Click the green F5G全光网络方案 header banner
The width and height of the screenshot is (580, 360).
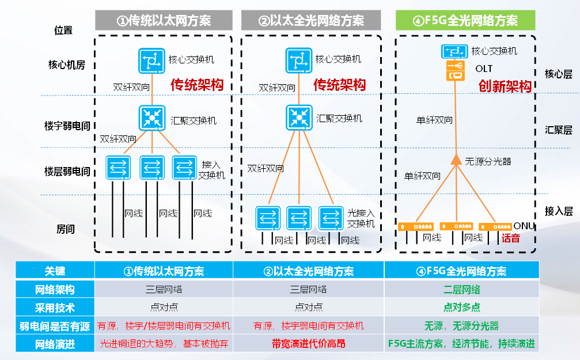click(x=465, y=21)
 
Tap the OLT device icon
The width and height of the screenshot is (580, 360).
click(x=454, y=71)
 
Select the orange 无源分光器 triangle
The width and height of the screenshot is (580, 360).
click(x=456, y=160)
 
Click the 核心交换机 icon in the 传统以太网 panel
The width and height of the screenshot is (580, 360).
click(x=151, y=60)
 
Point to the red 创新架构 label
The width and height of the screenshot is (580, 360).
click(x=505, y=86)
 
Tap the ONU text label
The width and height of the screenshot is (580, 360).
click(x=524, y=225)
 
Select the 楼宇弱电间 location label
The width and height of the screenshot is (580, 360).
click(x=67, y=125)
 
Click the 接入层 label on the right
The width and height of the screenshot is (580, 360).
click(x=558, y=211)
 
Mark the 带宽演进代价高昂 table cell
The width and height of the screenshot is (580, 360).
click(x=308, y=344)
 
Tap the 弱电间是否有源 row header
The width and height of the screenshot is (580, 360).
click(x=55, y=326)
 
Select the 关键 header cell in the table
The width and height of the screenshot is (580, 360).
click(x=55, y=271)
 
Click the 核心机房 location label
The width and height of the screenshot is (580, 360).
click(x=67, y=65)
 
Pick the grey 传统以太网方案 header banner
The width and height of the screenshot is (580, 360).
click(x=164, y=21)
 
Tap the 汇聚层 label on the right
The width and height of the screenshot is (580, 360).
click(x=558, y=130)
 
